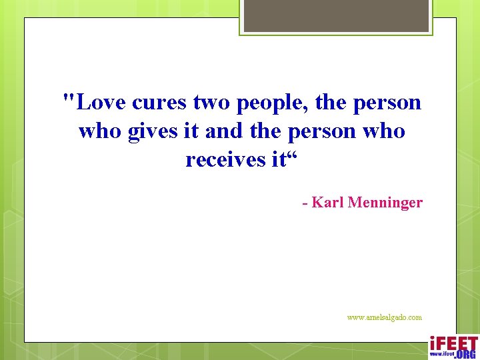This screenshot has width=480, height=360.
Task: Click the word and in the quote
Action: tap(224, 131)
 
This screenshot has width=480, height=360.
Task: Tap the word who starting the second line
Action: tap(100, 131)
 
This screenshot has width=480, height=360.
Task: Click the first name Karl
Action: tap(327, 202)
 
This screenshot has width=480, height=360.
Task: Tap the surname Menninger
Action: tap(385, 203)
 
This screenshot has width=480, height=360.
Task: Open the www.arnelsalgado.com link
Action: tap(384, 317)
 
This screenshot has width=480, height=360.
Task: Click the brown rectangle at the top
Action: tap(336, 15)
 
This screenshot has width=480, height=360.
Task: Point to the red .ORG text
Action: tap(465, 353)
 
